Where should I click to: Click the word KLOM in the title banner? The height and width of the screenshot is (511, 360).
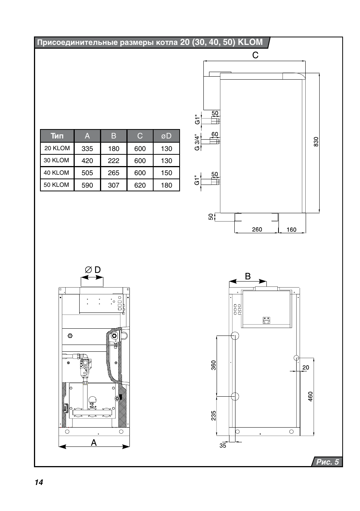[x=250, y=42]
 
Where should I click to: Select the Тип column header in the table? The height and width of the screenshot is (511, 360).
[x=57, y=136]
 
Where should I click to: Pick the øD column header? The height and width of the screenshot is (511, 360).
[x=166, y=136]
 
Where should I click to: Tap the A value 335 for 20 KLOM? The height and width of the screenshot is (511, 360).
[x=87, y=149]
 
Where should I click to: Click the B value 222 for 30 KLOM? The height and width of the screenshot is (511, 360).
[x=114, y=161]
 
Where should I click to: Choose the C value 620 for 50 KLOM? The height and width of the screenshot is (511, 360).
[x=140, y=185]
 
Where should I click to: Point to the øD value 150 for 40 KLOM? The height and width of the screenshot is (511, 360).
[x=166, y=173]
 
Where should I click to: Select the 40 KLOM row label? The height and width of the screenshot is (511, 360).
[x=57, y=173]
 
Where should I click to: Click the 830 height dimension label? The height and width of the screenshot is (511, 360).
[x=316, y=142]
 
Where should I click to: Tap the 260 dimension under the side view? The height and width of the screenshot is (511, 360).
[x=257, y=229]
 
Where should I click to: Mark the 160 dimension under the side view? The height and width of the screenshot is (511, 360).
[x=291, y=229]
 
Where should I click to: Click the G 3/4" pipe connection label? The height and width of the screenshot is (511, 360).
[x=197, y=142]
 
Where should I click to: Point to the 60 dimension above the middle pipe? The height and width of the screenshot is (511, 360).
[x=215, y=134]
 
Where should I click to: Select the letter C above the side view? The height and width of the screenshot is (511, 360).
[x=255, y=55]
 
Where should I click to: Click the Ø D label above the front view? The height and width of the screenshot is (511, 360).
[x=93, y=270]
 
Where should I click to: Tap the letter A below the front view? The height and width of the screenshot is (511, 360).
[x=94, y=443]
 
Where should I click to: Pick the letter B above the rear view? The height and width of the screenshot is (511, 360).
[x=248, y=276]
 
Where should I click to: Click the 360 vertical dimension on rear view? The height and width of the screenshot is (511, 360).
[x=214, y=365]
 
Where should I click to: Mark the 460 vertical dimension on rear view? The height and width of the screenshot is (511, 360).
[x=311, y=396]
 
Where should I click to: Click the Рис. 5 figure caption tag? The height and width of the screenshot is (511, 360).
[x=327, y=462]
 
